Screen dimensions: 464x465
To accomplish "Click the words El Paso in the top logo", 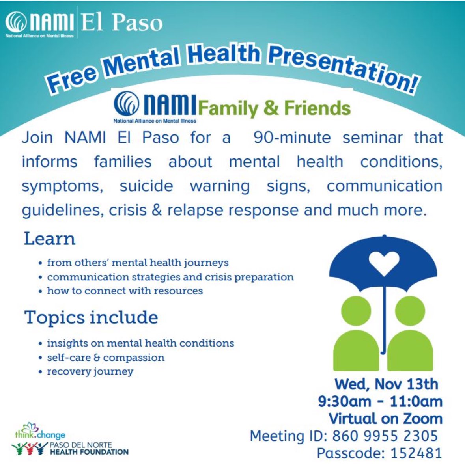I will point(122,23).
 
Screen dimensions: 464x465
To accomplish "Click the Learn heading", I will point(50,239).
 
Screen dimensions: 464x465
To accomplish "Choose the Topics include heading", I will point(91,318).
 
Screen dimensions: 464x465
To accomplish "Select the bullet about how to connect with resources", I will point(125,291).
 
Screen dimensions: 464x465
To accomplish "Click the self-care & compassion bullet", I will point(105,358).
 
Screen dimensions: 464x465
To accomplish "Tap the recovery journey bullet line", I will point(90,371).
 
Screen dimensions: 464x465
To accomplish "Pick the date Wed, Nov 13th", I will point(386,384).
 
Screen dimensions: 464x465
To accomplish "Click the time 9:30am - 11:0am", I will point(380,401).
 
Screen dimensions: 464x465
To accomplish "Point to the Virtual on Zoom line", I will point(385,418).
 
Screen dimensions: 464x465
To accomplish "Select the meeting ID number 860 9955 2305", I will point(385,436).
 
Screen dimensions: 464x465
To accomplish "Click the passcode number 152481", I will point(416,453).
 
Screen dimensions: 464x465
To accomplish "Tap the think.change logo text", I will point(40,435).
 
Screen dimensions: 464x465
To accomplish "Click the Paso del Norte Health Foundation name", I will point(89,448).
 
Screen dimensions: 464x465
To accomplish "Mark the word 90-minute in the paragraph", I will point(292,138).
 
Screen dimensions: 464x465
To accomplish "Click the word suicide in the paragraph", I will point(146,186).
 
